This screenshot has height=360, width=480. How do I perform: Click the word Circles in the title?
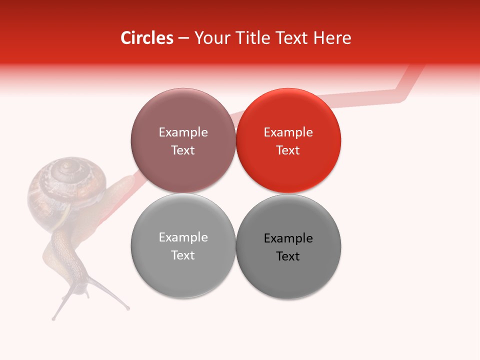pyautogui.click(x=146, y=38)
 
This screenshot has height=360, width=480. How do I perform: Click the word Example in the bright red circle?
pyautogui.click(x=288, y=132)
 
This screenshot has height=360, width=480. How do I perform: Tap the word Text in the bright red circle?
pyautogui.click(x=288, y=150)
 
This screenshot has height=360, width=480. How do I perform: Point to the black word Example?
pyautogui.click(x=288, y=238)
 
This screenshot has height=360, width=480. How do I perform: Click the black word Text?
pyautogui.click(x=288, y=256)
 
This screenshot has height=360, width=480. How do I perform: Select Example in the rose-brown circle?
pyautogui.click(x=183, y=132)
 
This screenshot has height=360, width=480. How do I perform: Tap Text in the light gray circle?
pyautogui.click(x=183, y=255)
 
